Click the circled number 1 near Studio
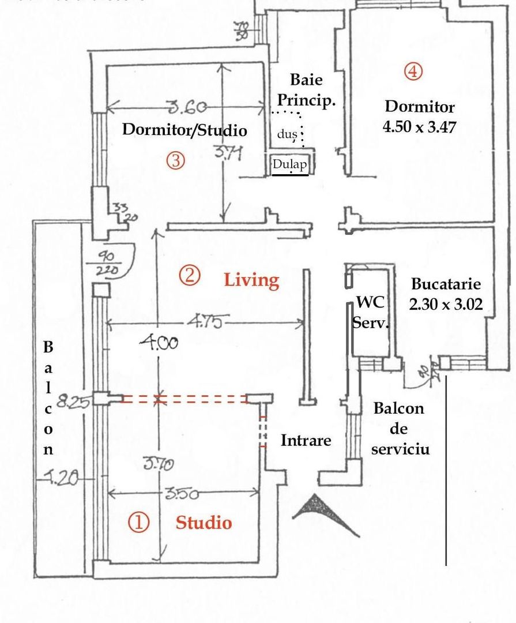[138, 523]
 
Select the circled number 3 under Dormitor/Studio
[176, 160]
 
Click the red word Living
[251, 280]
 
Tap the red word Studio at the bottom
[204, 523]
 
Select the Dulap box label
[290, 164]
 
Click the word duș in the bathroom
[287, 134]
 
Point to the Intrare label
[306, 441]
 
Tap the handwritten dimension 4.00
[159, 343]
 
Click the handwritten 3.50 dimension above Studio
[182, 494]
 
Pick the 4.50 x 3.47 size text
[419, 126]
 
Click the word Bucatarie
[446, 284]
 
